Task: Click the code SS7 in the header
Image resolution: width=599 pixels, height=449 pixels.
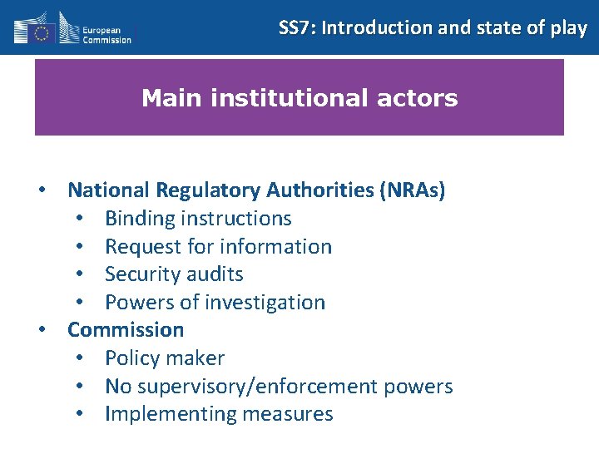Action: (296, 27)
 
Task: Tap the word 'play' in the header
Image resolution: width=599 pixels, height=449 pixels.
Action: (569, 28)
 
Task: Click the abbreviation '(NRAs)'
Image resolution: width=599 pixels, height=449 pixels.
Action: (412, 190)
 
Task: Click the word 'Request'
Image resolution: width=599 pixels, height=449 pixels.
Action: (142, 247)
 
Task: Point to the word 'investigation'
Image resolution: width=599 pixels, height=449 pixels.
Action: (267, 303)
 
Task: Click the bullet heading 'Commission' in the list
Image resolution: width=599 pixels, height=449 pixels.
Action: (126, 330)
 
